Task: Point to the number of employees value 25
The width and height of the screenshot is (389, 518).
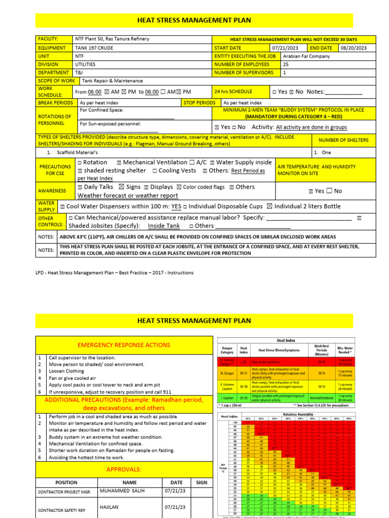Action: [286, 64]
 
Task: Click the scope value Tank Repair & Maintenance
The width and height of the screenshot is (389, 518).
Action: [109, 80]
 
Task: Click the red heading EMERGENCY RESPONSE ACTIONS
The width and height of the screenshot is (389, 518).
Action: [124, 345]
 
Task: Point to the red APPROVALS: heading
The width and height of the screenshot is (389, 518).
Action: [124, 455]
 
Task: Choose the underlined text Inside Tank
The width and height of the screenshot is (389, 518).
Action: [164, 226]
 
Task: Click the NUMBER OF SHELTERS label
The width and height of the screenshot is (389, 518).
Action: [343, 140]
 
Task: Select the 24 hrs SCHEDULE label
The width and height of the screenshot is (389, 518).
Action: [234, 92]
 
